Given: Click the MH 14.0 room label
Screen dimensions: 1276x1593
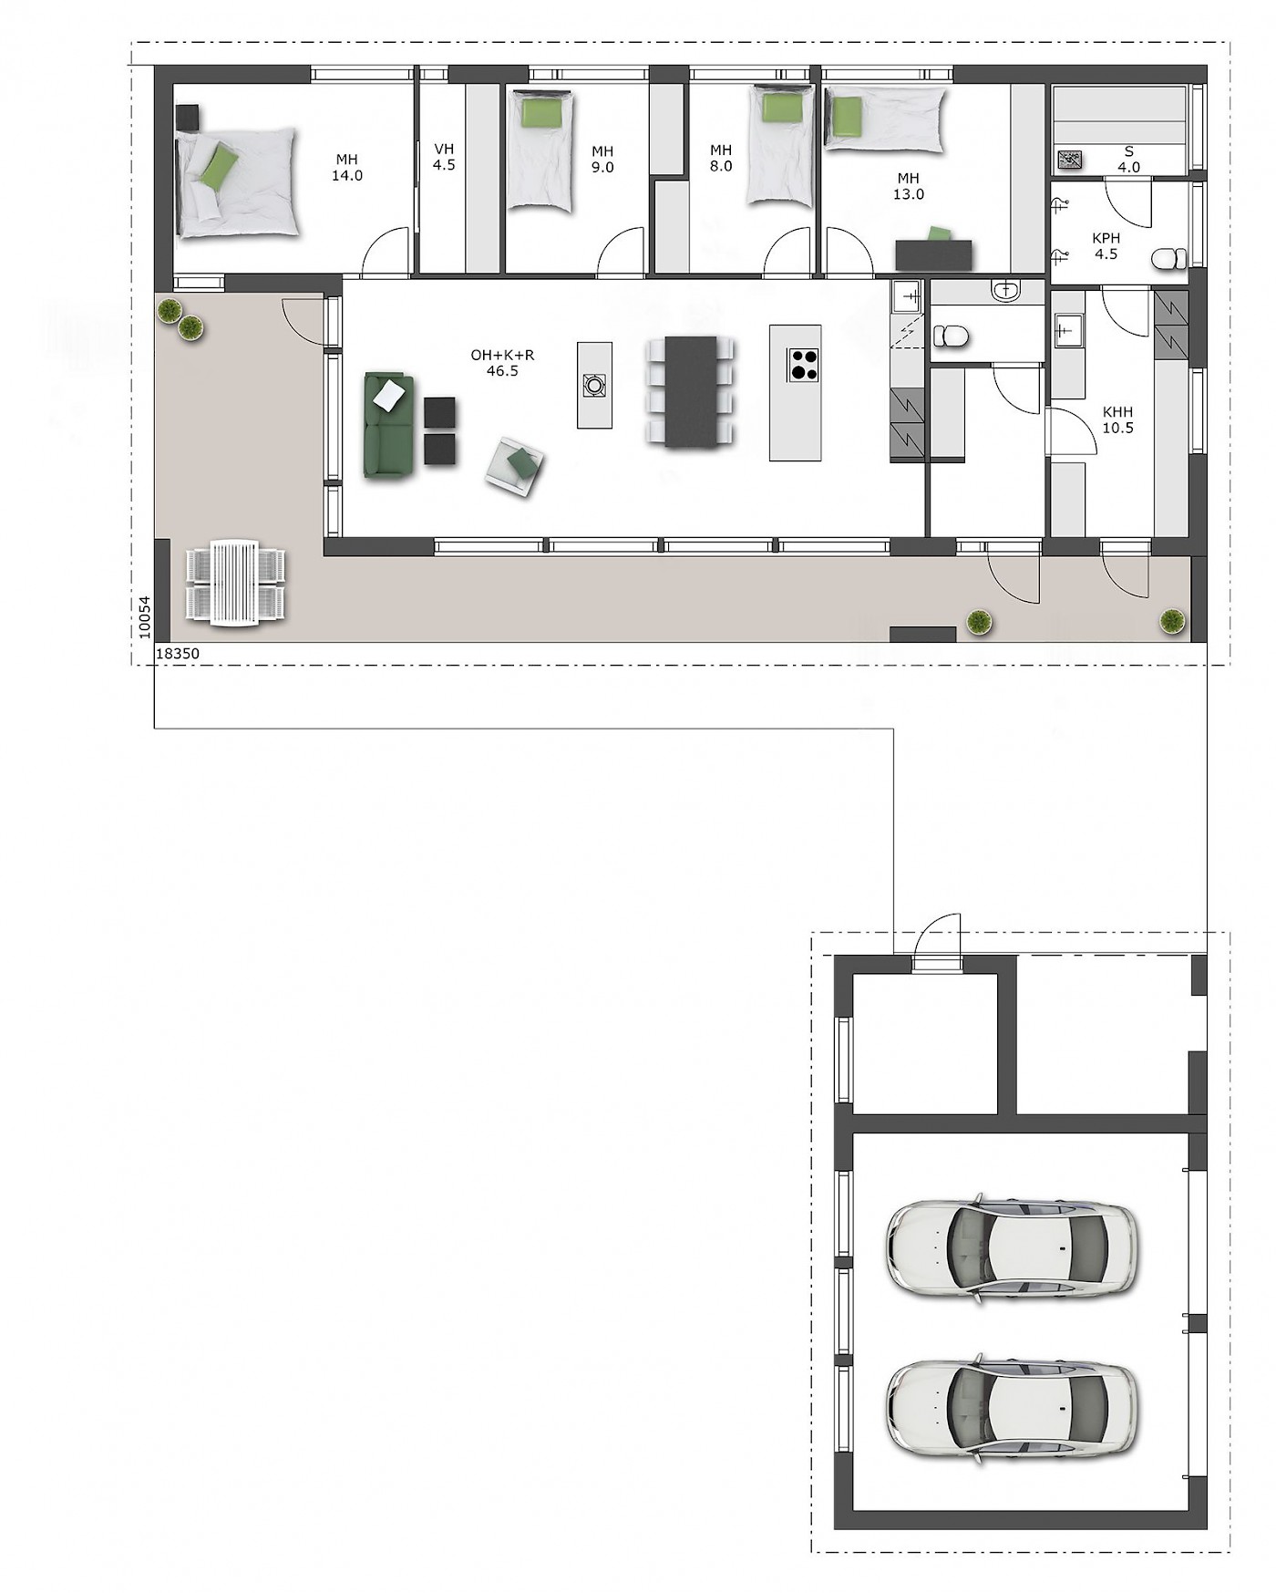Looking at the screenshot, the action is coord(347,168).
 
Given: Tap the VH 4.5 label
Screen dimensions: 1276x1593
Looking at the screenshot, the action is coord(444,157).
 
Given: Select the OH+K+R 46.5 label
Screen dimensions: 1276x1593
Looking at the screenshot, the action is coord(502,363).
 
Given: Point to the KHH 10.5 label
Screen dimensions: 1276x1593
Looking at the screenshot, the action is coord(1117,419).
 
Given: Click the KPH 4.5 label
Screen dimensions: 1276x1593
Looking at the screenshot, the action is coord(1106,246).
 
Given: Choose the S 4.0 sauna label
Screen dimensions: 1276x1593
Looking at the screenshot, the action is coord(1129,159).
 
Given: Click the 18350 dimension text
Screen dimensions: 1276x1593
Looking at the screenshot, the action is coord(178,654).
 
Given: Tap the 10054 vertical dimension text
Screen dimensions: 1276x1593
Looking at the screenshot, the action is coord(144,616).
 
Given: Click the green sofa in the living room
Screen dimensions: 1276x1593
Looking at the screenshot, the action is coord(389,425).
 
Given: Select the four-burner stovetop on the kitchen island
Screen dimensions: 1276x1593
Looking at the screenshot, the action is coord(803,364).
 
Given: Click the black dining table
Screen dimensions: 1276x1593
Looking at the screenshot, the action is coord(691,391).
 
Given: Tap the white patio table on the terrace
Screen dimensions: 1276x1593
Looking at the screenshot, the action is coord(235,584).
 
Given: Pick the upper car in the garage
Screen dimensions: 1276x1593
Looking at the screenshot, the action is coord(1012,1246).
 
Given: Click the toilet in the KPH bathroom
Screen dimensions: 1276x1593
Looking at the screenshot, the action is coord(1169,260).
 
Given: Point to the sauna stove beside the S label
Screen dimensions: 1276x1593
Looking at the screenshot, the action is coord(1067,161).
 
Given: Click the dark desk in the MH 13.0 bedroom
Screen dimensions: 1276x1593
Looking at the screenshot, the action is coord(933,254).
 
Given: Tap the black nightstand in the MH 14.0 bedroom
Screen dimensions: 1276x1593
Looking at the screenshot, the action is coord(187,118).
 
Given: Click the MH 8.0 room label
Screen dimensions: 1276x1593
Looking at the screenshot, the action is coord(721,158).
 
